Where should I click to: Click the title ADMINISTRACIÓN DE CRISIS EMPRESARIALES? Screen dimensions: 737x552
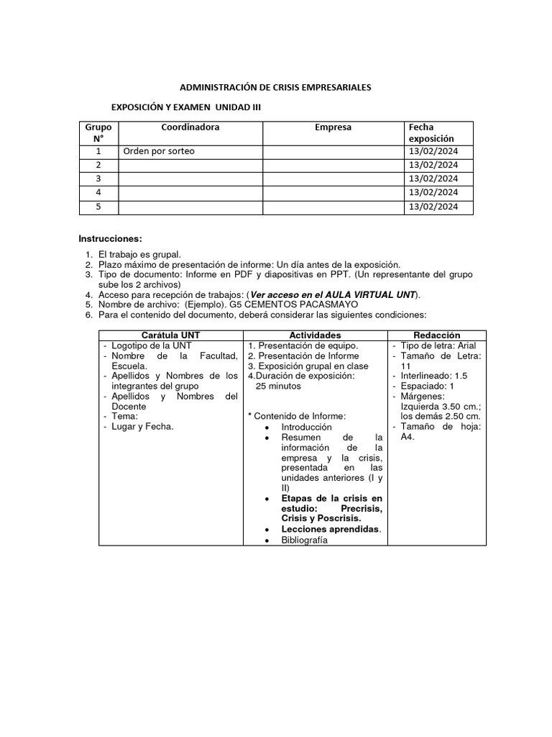pos(275,87)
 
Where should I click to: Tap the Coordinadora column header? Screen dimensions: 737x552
pos(190,127)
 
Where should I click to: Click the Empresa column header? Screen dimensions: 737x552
pos(333,127)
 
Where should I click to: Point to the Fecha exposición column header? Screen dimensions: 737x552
pos(431,132)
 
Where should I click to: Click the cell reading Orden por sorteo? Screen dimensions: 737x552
pos(159,151)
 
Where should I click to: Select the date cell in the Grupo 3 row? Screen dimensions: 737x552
pos(433,178)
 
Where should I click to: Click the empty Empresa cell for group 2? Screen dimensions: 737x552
pos(333,165)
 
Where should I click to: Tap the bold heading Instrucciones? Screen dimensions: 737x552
pos(110,238)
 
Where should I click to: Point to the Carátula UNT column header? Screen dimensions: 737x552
pos(170,335)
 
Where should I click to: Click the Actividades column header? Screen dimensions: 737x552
pos(315,335)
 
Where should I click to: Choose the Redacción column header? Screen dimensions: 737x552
pos(437,335)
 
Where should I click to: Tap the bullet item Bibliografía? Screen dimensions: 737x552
pos(304,540)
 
